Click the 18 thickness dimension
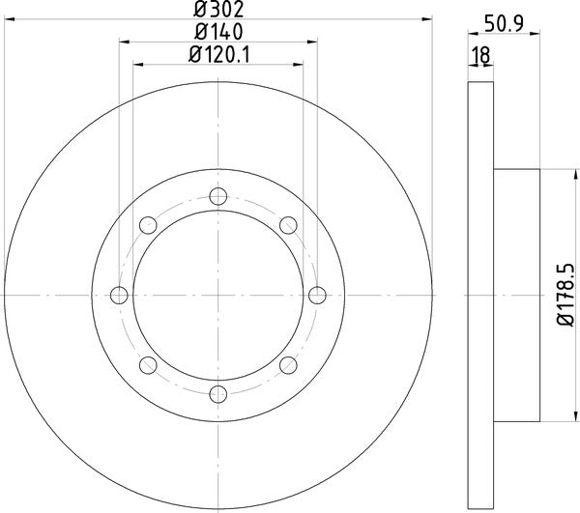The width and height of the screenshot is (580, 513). (x=478, y=57)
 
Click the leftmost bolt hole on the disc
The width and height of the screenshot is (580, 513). (x=120, y=295)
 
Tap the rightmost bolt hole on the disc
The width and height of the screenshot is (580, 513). (x=317, y=295)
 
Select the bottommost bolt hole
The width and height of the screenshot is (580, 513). (x=218, y=393)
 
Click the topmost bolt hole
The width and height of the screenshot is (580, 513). (x=218, y=196)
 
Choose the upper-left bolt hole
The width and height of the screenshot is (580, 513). (x=149, y=225)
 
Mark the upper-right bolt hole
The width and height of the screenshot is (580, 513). (x=288, y=225)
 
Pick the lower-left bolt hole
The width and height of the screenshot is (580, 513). (x=149, y=364)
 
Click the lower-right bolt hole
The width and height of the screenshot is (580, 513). (x=288, y=364)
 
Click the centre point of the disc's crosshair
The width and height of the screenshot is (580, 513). (x=218, y=295)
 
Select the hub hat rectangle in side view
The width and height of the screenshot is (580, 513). (x=517, y=295)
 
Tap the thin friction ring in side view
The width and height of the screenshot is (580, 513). (x=481, y=295)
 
